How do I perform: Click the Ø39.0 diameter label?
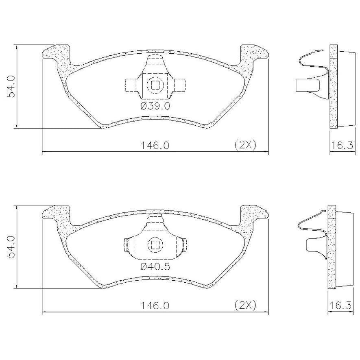[155, 106]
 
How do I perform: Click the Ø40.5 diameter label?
[155, 266]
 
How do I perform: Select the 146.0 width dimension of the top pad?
[155, 145]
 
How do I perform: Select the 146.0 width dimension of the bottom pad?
[155, 305]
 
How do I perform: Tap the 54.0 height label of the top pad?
[11, 86]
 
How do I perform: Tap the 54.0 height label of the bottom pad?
[11, 247]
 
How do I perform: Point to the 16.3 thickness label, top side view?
[342, 145]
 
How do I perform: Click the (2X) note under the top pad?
[245, 145]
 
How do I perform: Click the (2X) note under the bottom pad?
[245, 305]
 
